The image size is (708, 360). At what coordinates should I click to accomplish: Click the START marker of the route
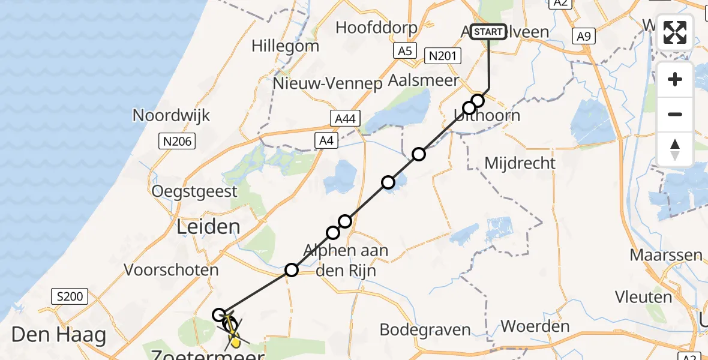pos(488,32)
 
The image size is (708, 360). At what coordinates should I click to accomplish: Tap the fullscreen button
pos(675,32)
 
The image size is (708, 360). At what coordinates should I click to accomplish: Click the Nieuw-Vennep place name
pos(328,83)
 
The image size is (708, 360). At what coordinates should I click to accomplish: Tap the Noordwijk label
pos(172,115)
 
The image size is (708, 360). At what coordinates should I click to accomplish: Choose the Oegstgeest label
pos(194,192)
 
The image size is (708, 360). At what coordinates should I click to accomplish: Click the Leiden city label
pos(208,227)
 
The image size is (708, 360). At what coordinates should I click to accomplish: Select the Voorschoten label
pos(171,270)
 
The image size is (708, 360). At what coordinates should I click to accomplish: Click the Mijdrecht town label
pos(520,163)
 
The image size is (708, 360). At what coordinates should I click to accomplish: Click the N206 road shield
pos(173,141)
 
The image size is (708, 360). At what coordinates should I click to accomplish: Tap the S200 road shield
pos(70,296)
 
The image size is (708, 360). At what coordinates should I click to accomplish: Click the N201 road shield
pos(442,57)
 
